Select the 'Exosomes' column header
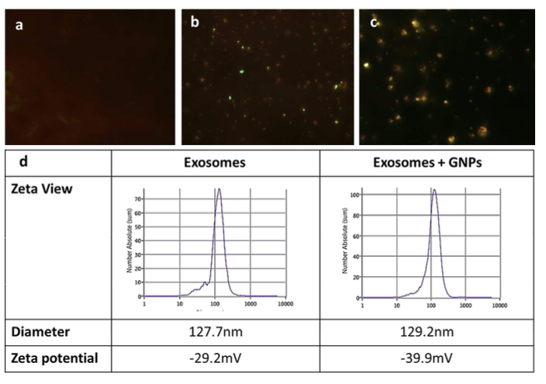click(x=215, y=164)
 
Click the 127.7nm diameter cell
click(x=215, y=332)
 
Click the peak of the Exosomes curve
click(x=219, y=189)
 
